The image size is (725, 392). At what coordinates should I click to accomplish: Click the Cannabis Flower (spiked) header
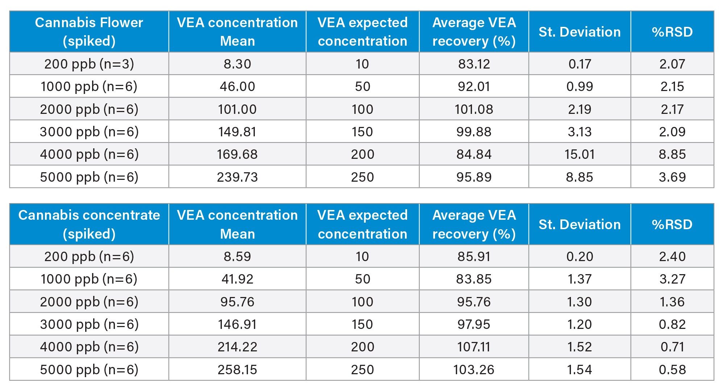[x=89, y=32]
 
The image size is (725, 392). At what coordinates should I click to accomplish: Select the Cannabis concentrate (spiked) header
[x=89, y=224]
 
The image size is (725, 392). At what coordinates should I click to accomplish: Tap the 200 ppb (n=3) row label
[x=89, y=64]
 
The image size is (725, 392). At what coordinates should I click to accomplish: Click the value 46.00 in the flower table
[x=237, y=86]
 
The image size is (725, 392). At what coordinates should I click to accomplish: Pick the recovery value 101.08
[x=474, y=109]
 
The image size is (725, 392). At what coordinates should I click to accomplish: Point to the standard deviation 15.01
[x=579, y=154]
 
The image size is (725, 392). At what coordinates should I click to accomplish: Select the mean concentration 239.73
[x=237, y=177]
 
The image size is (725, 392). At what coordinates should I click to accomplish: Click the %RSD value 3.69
[x=672, y=177]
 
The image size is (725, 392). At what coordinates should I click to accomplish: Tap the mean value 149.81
[x=237, y=132]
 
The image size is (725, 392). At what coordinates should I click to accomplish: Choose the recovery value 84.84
[x=474, y=154]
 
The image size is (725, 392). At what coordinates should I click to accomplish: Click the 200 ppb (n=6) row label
[x=89, y=256]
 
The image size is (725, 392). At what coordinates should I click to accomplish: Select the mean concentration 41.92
[x=237, y=279]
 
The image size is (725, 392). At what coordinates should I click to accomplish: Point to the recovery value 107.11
[x=474, y=347]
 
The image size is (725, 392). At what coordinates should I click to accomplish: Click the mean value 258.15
[x=237, y=370]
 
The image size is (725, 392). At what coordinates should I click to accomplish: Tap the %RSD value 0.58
[x=672, y=370]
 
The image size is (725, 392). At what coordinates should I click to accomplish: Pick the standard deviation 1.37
[x=579, y=279]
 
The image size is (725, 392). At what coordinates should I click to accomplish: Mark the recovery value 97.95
[x=474, y=324]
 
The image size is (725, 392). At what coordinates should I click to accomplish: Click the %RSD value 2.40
[x=672, y=256]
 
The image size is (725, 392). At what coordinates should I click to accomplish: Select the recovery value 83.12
[x=474, y=64]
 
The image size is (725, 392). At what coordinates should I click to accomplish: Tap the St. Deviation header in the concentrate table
[x=579, y=224]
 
